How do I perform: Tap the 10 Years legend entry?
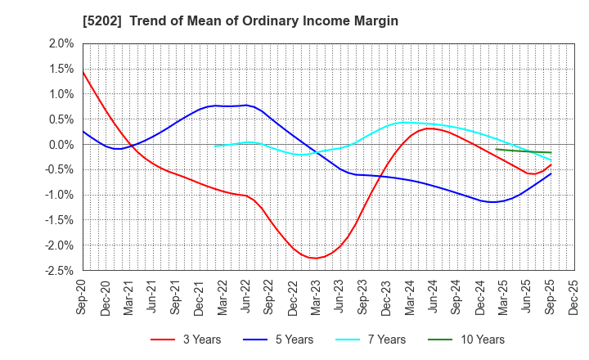tap(463, 340)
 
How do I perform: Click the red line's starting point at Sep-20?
tap(83, 72)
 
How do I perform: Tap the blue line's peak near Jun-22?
tap(245, 105)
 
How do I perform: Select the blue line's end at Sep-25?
tap(551, 173)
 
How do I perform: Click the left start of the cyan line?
tap(214, 146)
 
